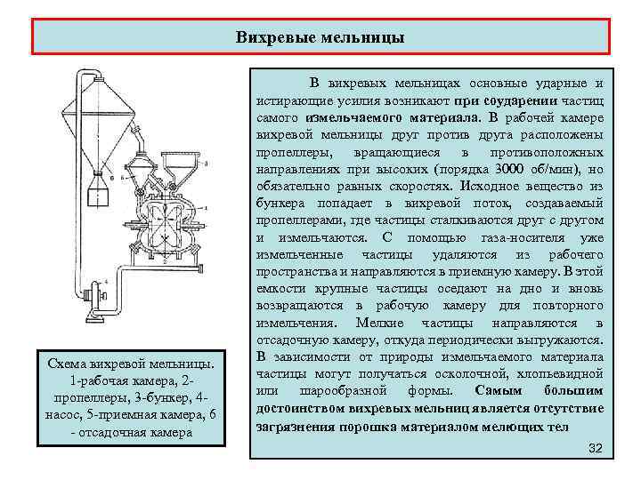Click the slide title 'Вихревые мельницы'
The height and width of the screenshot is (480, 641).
320,37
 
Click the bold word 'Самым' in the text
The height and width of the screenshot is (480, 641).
496,390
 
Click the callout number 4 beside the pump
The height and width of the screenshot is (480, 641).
107,282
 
